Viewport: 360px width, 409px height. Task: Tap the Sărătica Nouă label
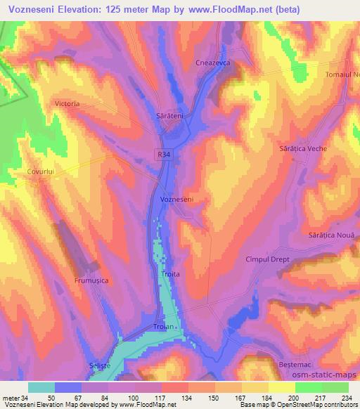click(x=333, y=237)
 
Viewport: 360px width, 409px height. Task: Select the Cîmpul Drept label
click(x=267, y=259)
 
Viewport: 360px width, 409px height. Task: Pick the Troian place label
click(x=162, y=327)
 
